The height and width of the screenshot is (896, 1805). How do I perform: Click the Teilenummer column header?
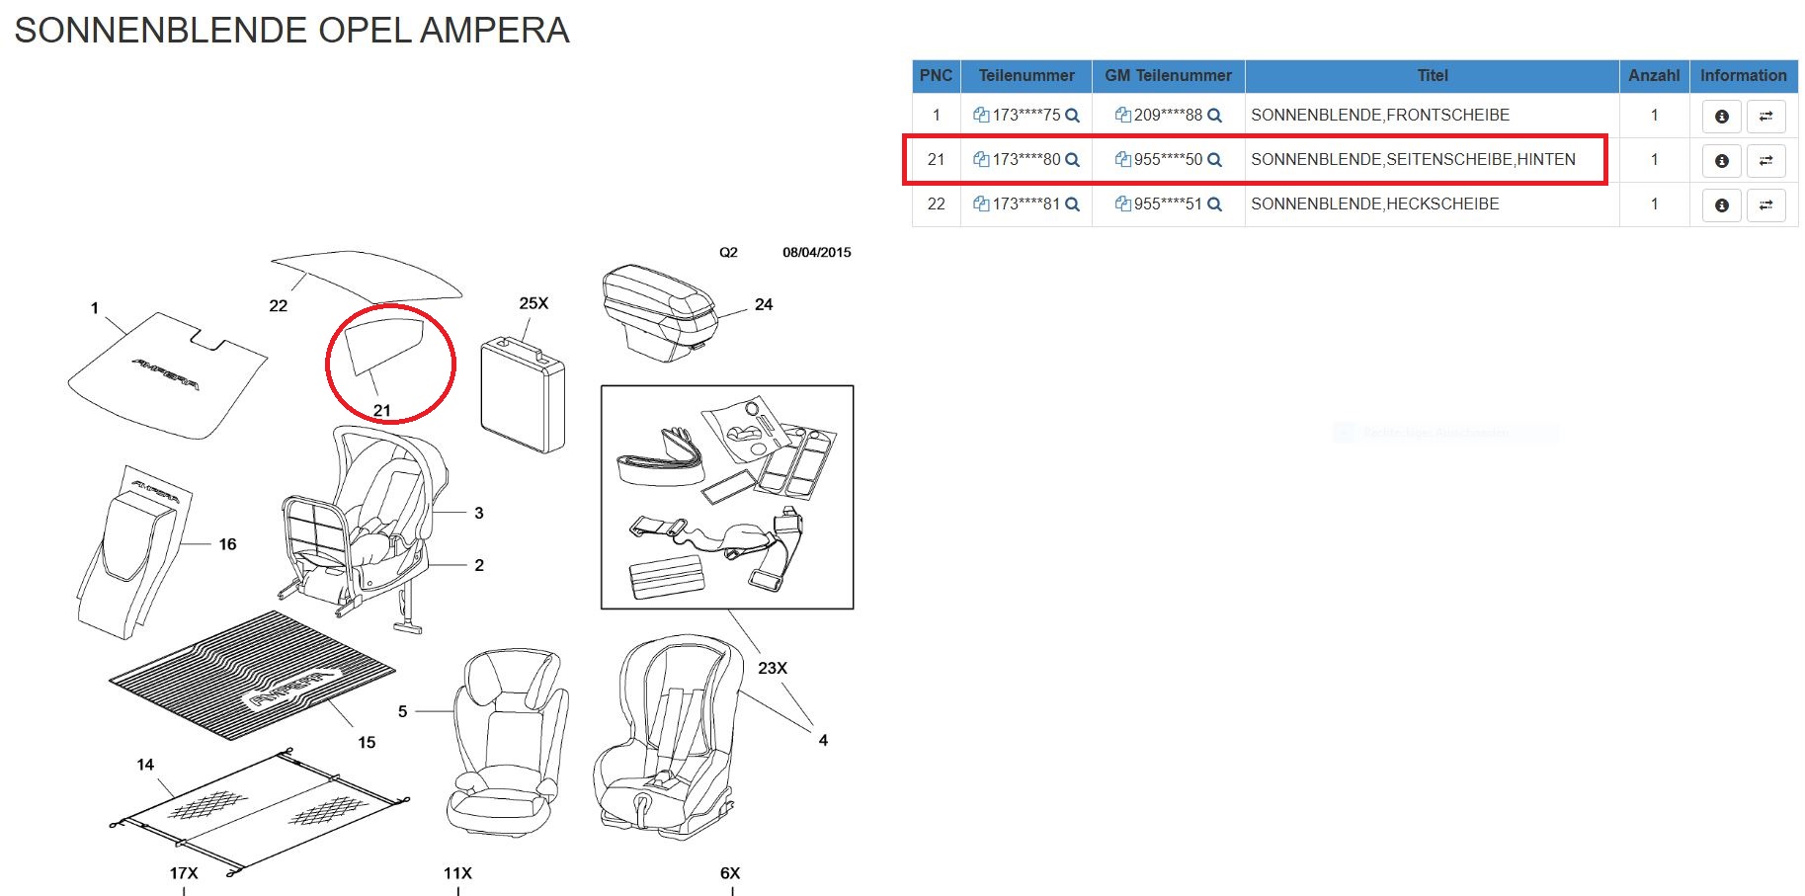point(1026,75)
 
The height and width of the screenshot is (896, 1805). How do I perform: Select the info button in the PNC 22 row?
point(1721,205)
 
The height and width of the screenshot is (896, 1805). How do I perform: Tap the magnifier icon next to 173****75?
point(1072,116)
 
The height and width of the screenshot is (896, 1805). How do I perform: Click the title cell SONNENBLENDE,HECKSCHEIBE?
point(1374,204)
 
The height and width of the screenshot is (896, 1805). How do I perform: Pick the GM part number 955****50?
point(1168,159)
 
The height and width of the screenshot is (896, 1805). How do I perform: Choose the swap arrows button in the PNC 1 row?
point(1765,117)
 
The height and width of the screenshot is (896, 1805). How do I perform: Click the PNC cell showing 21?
point(936,159)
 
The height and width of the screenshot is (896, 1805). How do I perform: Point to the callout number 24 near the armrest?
point(763,304)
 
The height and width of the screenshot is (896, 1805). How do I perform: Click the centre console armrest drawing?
point(656,310)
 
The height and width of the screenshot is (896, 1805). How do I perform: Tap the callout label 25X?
point(533,303)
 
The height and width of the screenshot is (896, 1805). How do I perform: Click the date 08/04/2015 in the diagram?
point(816,252)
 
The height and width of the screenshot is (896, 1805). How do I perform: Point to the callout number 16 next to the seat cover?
point(227,544)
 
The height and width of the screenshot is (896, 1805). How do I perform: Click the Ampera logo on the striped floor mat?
point(291,689)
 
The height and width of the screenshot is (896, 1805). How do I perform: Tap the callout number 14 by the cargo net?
point(145,765)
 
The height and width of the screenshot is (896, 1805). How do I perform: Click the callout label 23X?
point(772,668)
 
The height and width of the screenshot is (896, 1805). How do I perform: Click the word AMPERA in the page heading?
point(494,31)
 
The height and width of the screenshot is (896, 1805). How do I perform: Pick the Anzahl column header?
point(1653,75)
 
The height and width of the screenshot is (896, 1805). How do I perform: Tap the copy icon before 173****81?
point(981,204)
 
